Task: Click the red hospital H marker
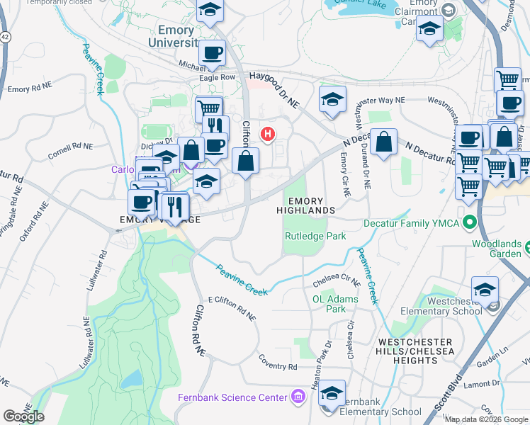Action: tap(268, 133)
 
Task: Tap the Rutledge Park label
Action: tap(315, 237)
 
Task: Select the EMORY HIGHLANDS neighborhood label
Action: tap(305, 206)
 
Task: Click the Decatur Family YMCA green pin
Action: tap(468, 223)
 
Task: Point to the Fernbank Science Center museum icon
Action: tap(298, 397)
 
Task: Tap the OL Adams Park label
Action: tap(329, 304)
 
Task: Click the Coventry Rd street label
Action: tap(278, 367)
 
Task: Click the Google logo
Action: tap(23, 416)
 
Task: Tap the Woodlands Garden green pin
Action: tap(529, 247)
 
